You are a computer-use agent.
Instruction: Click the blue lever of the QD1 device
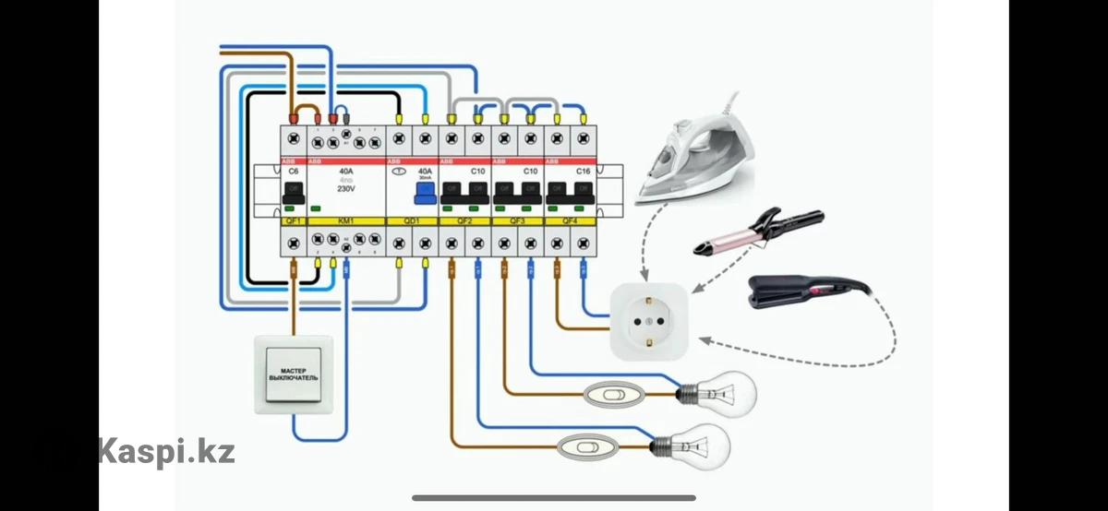(x=424, y=192)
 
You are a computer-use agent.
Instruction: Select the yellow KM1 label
(x=345, y=221)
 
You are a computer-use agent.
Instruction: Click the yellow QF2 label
(x=464, y=221)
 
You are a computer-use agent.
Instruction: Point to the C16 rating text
(x=583, y=172)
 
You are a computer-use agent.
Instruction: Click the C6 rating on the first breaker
(x=294, y=172)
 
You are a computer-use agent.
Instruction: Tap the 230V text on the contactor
(x=345, y=188)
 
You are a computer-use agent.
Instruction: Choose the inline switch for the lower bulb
(x=585, y=449)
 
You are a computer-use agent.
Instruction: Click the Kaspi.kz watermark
(x=167, y=452)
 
